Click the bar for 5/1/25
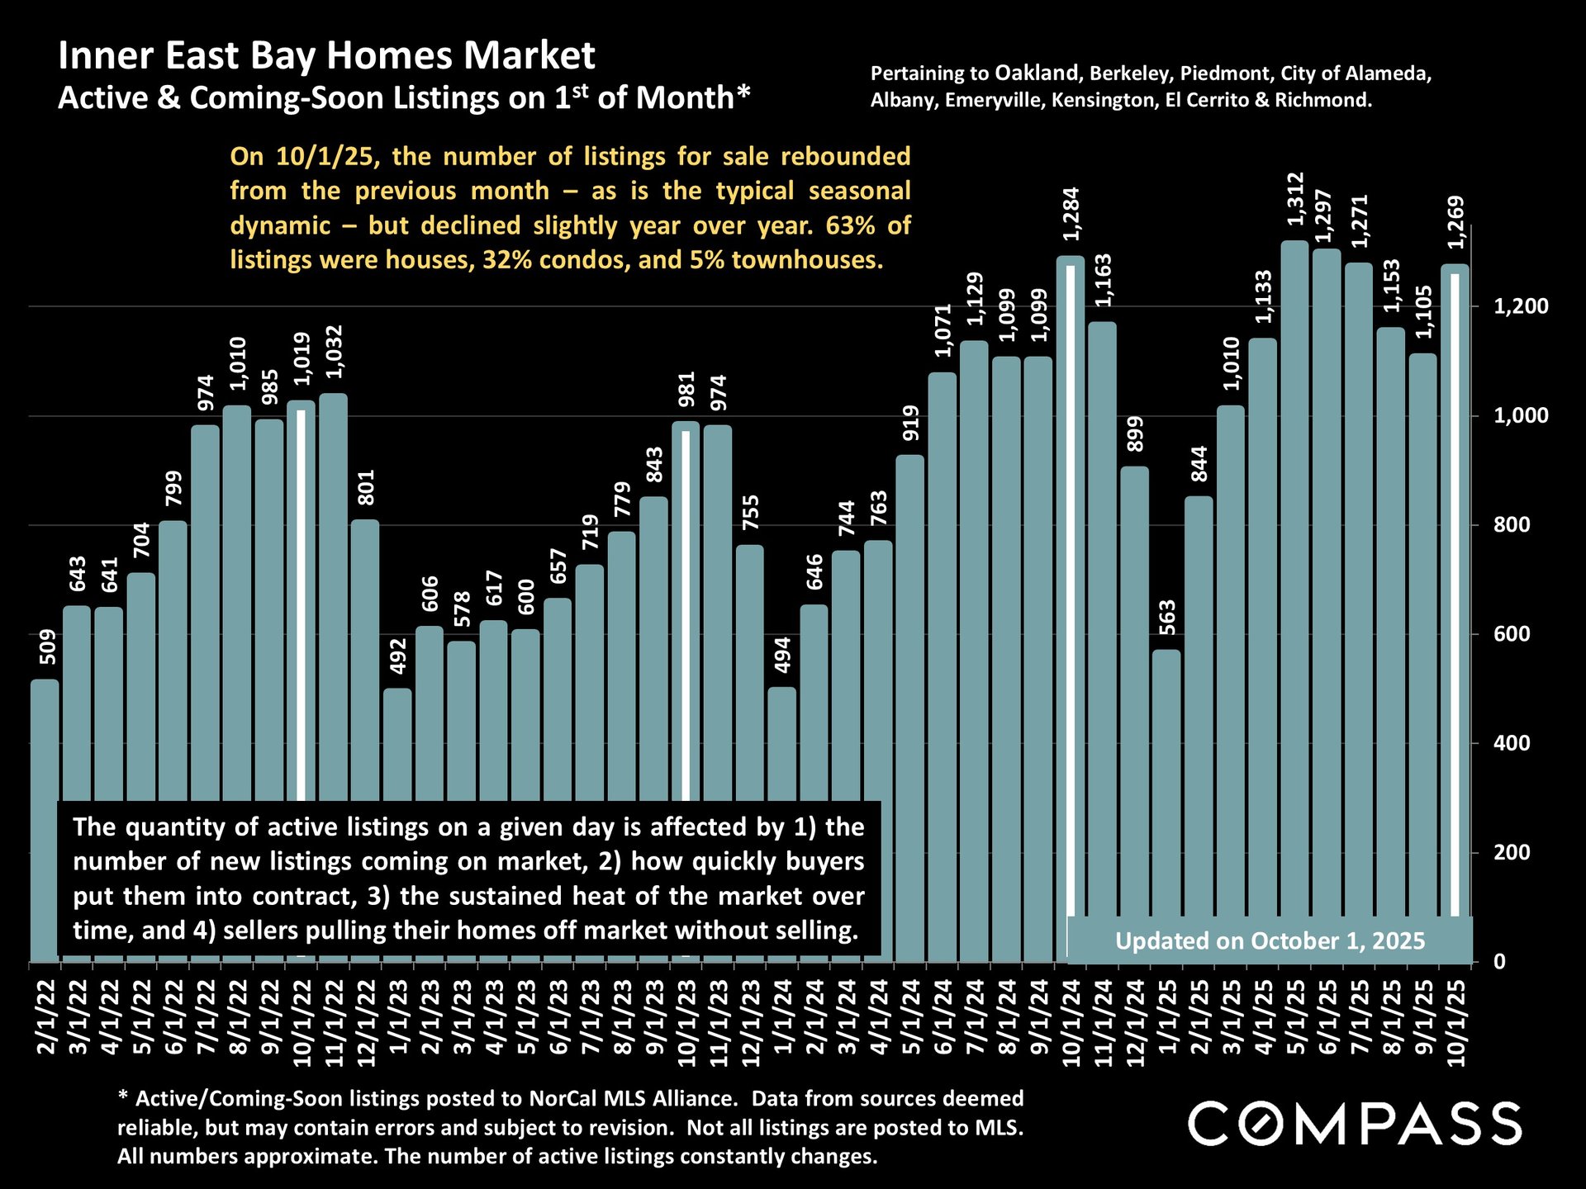pos(1294,578)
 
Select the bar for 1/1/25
pos(1166,784)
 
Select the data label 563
pos(1166,617)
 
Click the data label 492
pos(397,656)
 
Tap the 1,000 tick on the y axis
pos(1521,415)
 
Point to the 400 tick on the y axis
pos(1512,743)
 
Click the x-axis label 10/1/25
pos(1455,1022)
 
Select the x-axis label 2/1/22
pos(45,1016)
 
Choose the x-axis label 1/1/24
pos(782,1016)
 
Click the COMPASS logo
pos(1355,1124)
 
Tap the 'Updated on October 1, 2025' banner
pos(1270,941)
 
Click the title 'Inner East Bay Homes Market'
pos(326,56)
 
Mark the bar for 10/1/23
pos(686,611)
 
